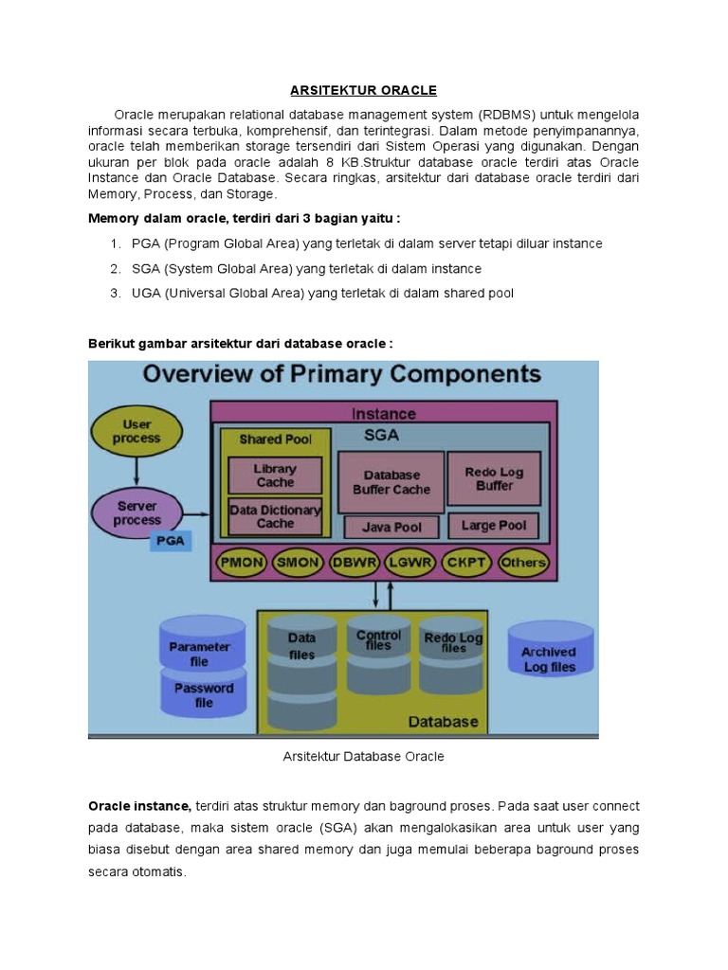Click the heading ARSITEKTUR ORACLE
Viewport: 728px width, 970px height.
pyautogui.click(x=363, y=90)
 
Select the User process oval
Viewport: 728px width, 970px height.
pyautogui.click(x=137, y=432)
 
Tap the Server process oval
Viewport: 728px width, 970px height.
pyautogui.click(x=137, y=513)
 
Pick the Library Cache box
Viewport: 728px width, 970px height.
pyautogui.click(x=276, y=476)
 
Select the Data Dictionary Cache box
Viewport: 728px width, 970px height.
pyautogui.click(x=276, y=516)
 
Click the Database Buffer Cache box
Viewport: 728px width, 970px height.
pyautogui.click(x=391, y=481)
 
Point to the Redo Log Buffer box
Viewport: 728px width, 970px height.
pyautogui.click(x=494, y=478)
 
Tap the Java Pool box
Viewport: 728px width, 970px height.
pyautogui.click(x=391, y=527)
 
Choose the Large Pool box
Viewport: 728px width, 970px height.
pyautogui.click(x=494, y=525)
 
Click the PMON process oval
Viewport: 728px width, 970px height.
pyautogui.click(x=242, y=562)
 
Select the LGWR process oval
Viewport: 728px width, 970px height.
pyautogui.click(x=410, y=562)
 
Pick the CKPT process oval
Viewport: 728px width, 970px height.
pyautogui.click(x=466, y=562)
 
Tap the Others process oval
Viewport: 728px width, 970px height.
pyautogui.click(x=522, y=562)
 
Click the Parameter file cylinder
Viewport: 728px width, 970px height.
pyautogui.click(x=200, y=647)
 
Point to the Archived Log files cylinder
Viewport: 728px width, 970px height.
pyautogui.click(x=550, y=658)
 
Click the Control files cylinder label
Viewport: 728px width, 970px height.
pyautogui.click(x=378, y=640)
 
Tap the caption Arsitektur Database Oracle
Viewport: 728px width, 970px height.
pyautogui.click(x=364, y=757)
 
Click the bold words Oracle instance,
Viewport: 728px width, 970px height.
pyautogui.click(x=140, y=806)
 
